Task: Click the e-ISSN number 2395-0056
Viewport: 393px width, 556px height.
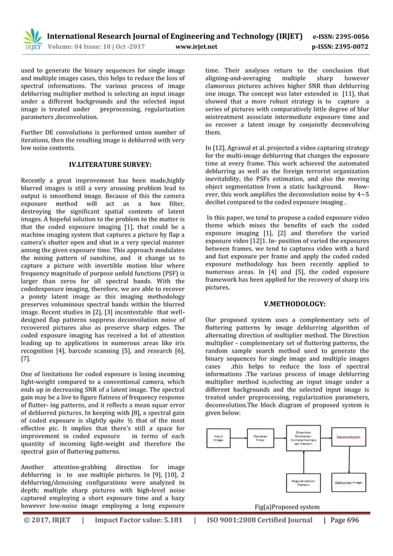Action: pos(352,36)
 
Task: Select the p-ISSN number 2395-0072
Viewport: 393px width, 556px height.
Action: pos(352,46)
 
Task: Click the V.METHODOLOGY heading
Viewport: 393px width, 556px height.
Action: pos(294,303)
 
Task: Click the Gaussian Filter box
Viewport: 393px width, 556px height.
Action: pos(261,439)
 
